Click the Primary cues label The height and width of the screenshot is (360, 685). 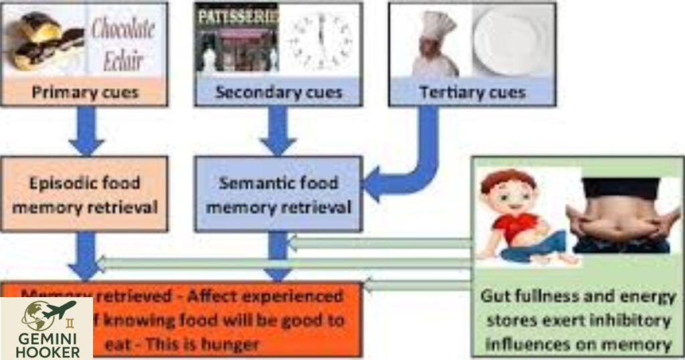pos(83,92)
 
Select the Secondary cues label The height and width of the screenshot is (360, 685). pos(278,92)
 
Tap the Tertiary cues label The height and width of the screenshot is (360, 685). pos(472,92)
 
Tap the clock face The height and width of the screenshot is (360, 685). pos(320,40)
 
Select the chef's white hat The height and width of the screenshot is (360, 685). pos(437,25)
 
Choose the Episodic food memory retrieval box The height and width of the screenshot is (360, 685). pos(84,194)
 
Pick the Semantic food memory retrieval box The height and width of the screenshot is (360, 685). pos(278,194)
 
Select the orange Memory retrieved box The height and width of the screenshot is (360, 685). pos(221,320)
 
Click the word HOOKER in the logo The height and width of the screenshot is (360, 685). pos(47,351)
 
